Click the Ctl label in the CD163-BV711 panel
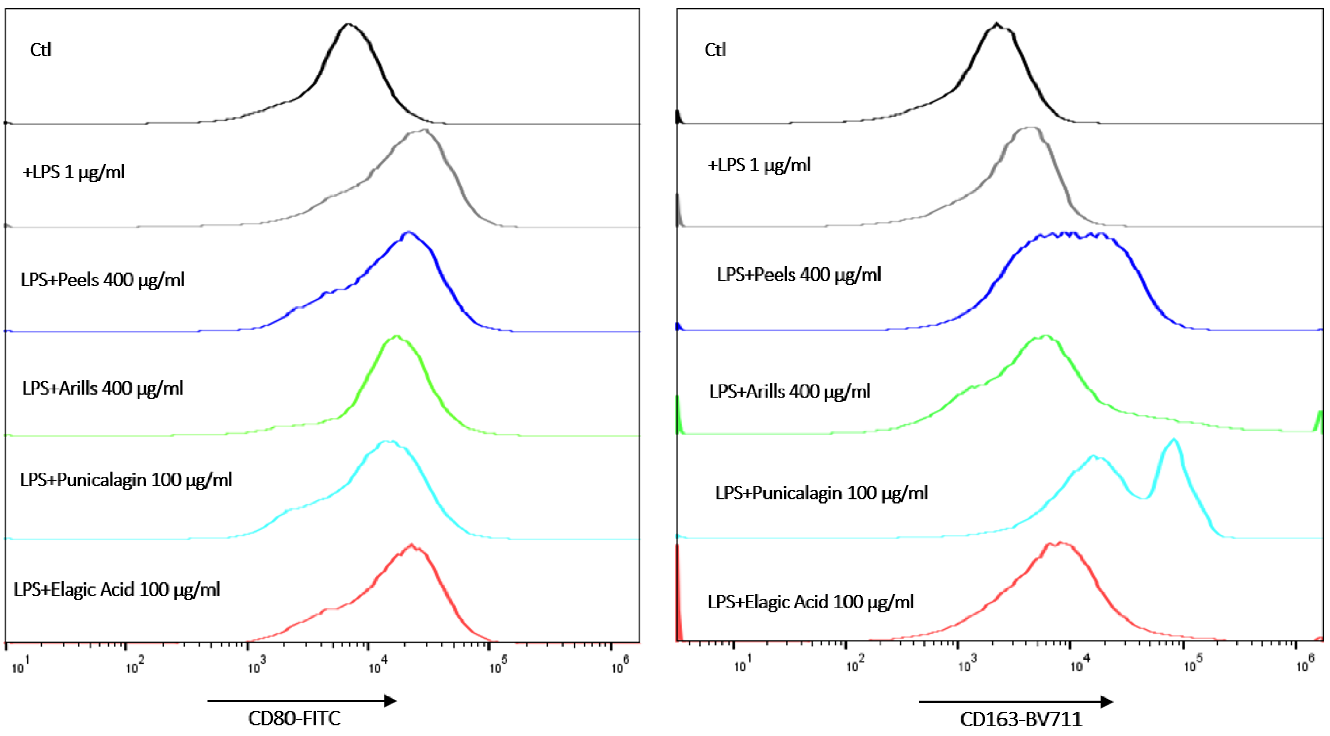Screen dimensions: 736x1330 pos(715,50)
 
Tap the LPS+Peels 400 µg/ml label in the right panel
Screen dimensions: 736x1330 pos(799,274)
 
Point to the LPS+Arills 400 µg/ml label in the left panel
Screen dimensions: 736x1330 pos(102,388)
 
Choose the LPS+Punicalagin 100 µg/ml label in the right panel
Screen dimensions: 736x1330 pos(821,493)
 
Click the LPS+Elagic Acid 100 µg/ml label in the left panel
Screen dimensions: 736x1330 pos(117,589)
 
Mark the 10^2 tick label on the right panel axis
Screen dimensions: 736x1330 pos(854,665)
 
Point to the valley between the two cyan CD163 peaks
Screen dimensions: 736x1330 pos(1145,498)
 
